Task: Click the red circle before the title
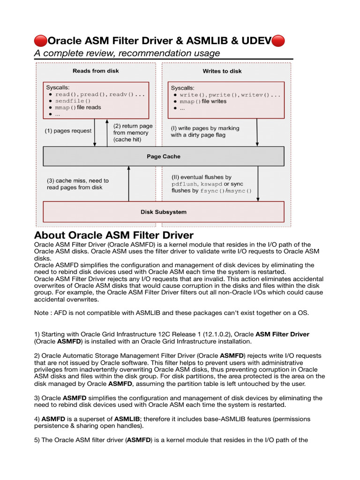(x=41, y=41)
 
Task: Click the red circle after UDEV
(x=278, y=41)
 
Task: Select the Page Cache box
(x=163, y=157)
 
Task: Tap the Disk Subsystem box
(x=163, y=212)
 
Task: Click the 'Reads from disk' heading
(x=96, y=71)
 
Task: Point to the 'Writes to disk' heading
(x=222, y=71)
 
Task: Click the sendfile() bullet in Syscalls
(x=73, y=101)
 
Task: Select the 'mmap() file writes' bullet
(x=203, y=101)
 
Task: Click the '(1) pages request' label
(x=68, y=131)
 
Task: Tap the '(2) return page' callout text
(x=133, y=126)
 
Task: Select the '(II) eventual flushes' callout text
(x=201, y=177)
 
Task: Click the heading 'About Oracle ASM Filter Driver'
(x=114, y=235)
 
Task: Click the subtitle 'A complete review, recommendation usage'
(x=127, y=53)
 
